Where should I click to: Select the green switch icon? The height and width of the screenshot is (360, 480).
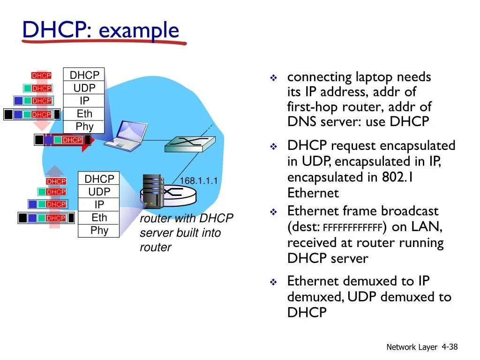coord(189,143)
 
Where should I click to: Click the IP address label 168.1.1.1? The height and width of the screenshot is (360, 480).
coord(199,181)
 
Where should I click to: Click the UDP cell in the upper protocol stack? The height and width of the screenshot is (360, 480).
coord(84,88)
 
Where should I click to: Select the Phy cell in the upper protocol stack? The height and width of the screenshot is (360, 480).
coord(84,127)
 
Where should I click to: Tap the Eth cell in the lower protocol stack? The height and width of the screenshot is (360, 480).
coord(99,217)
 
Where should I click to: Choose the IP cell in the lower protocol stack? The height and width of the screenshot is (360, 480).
coord(99,205)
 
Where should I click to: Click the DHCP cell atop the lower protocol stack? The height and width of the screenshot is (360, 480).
coord(99,179)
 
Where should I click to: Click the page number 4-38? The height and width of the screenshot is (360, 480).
coord(450,347)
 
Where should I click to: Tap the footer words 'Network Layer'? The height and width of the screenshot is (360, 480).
coord(412,347)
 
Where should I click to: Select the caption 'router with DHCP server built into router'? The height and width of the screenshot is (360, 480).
coord(186,233)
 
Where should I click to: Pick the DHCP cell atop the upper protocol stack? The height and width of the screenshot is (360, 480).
coord(84,75)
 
